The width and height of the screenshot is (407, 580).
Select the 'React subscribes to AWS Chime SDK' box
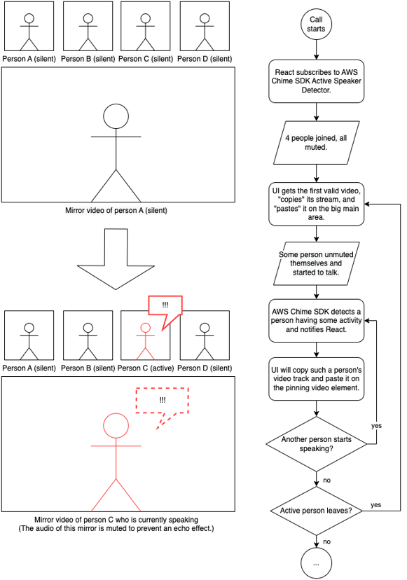[x=317, y=81]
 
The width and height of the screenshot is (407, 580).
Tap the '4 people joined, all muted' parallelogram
[x=317, y=142]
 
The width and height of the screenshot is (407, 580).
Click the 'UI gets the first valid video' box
[x=317, y=204]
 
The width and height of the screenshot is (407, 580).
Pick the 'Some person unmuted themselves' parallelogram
[x=317, y=263]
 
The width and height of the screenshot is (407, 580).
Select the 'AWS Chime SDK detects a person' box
[x=317, y=320]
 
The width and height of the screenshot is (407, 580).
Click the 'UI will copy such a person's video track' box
[x=317, y=379]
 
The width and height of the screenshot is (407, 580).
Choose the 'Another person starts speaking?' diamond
[x=317, y=444]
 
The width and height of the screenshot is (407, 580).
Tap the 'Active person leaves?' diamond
[x=317, y=511]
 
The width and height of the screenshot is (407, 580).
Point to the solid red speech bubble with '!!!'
[x=165, y=305]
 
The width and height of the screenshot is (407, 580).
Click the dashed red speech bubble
[x=163, y=401]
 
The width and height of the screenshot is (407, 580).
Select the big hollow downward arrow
[x=116, y=259]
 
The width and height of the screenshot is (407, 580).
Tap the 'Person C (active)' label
[x=146, y=368]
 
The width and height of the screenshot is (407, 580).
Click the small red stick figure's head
[x=146, y=328]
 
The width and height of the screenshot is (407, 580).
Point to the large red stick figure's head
[x=116, y=426]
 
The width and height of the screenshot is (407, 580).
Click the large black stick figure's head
[x=116, y=116]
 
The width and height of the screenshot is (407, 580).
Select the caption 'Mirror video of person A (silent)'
[x=116, y=211]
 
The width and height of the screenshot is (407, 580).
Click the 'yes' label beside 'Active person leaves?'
[x=376, y=505]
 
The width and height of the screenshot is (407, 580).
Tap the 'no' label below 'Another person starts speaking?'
[x=326, y=481]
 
